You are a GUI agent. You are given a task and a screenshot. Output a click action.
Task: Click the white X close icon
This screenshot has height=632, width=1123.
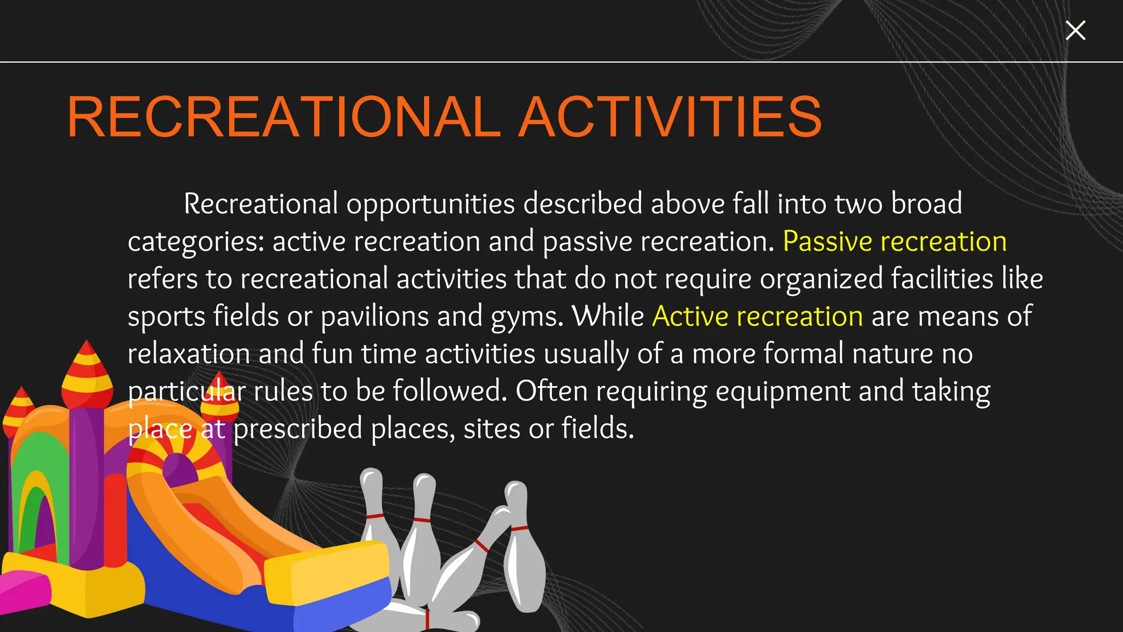[x=1075, y=31]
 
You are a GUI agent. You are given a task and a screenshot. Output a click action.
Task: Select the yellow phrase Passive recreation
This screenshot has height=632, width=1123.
[x=894, y=241]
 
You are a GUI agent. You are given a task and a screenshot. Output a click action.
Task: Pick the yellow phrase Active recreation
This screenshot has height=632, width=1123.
[x=757, y=317]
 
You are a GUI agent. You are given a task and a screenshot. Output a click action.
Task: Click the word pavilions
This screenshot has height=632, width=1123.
[x=375, y=317]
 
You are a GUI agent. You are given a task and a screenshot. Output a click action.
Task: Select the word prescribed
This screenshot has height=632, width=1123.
[x=298, y=428]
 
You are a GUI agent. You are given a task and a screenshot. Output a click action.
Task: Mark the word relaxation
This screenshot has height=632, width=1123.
[x=189, y=354]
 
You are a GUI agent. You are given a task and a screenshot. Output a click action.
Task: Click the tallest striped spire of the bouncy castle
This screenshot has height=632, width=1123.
[x=87, y=373]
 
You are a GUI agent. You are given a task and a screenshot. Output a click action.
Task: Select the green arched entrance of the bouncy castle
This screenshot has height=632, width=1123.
[x=36, y=494]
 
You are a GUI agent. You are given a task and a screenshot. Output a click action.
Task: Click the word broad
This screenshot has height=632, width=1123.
[x=926, y=204]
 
